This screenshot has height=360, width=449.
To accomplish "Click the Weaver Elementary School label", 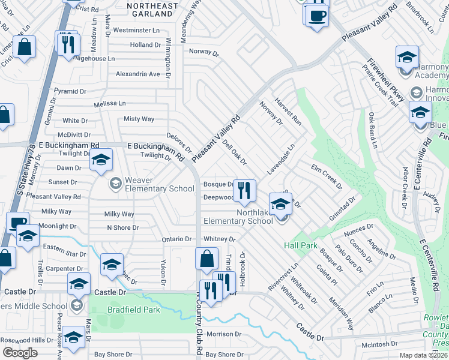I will [x=151, y=184].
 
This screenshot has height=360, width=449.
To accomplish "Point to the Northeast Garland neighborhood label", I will [x=152, y=10].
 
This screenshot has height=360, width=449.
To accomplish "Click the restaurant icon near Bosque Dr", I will [x=244, y=191].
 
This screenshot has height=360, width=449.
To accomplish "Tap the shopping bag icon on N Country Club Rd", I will [x=206, y=259].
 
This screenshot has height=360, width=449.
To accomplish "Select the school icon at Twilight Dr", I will [x=101, y=160].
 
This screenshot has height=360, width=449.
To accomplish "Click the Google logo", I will [x=20, y=353].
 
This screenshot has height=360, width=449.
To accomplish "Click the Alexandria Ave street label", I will [x=138, y=74].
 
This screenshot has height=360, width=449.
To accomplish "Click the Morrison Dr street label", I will [x=223, y=334].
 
